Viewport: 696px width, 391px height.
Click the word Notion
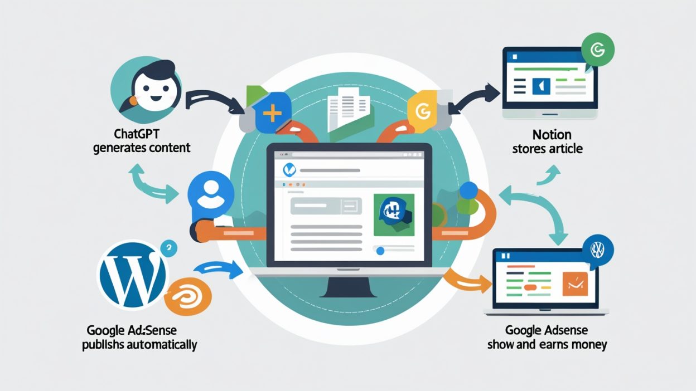(552, 135)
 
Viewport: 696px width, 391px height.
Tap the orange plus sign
(272, 114)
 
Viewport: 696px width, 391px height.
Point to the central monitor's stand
(350, 286)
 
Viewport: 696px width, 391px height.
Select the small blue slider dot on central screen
(380, 251)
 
